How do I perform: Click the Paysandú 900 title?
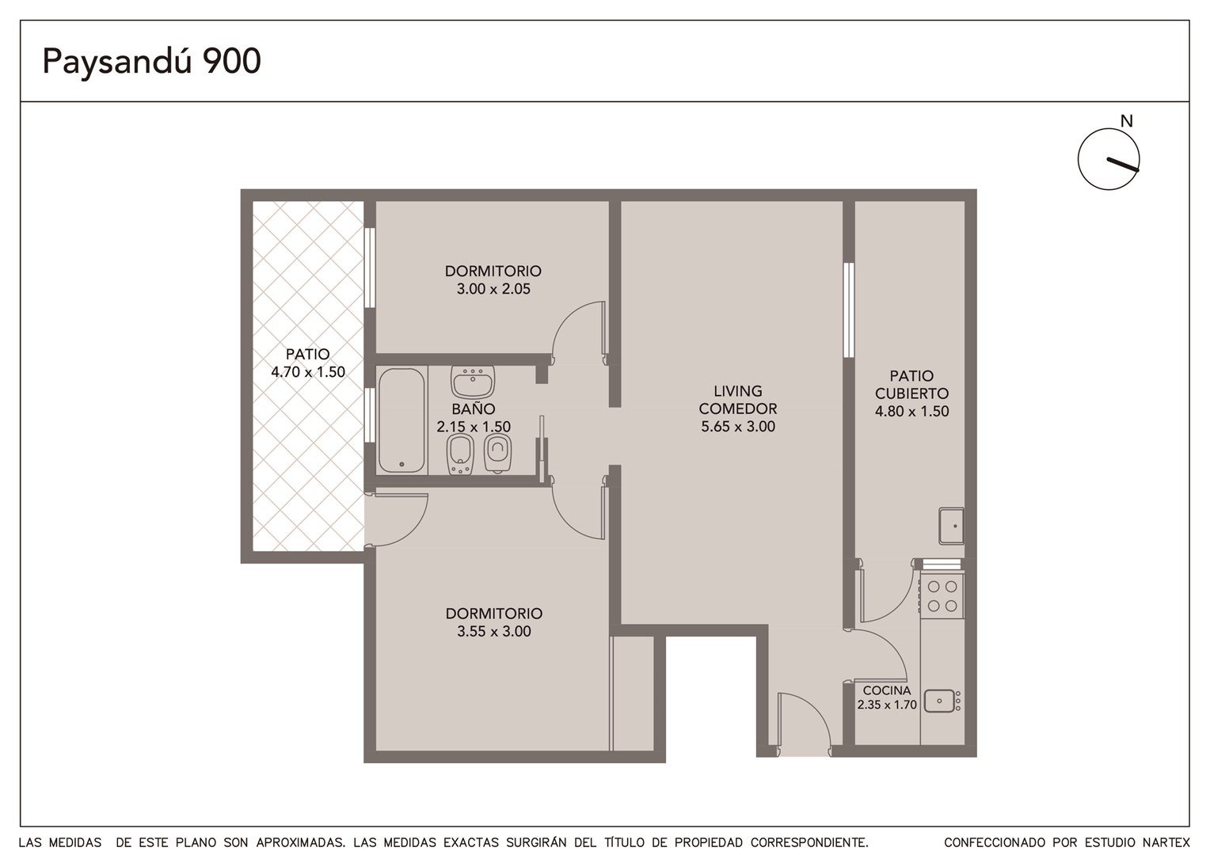[x=152, y=61]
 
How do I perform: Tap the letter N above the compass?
[x=1126, y=122]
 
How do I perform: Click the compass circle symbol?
[x=1109, y=159]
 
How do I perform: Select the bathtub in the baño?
[x=401, y=420]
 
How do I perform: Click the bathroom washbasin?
[x=473, y=382]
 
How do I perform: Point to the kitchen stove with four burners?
[x=942, y=595]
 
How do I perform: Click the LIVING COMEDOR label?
[x=738, y=400]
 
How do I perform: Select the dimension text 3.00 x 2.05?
[x=493, y=289]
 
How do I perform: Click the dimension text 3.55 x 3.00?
[x=494, y=632]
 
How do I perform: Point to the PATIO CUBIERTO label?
[x=911, y=385]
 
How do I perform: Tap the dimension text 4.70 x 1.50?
[x=308, y=372]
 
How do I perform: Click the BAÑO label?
[x=474, y=408]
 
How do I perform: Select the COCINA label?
[x=887, y=690]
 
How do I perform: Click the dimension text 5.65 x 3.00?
[x=738, y=427]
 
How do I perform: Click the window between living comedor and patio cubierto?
[x=849, y=310]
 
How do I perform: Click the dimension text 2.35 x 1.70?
[x=887, y=705]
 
